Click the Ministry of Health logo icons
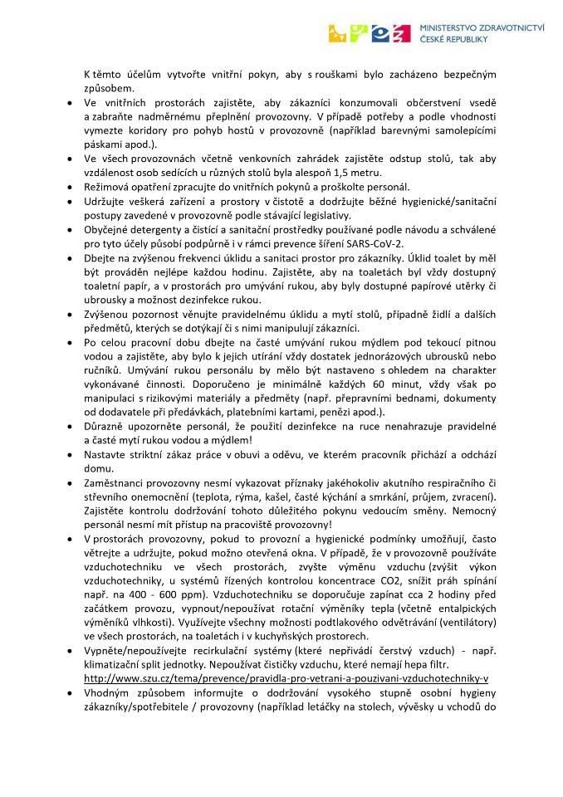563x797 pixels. click(370, 32)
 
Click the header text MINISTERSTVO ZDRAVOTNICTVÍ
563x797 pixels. click(482, 27)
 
